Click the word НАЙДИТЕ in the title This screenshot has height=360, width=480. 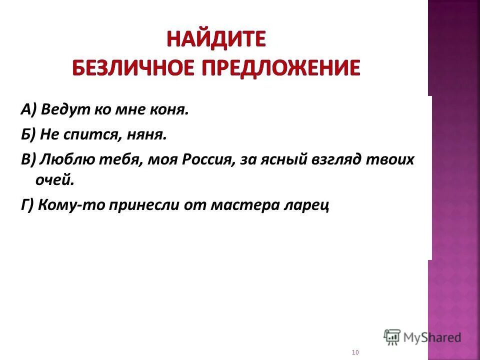click(216, 39)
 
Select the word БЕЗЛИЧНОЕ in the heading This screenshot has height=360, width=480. click(133, 67)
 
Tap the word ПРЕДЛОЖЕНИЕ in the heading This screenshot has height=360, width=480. click(281, 67)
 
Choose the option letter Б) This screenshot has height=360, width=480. click(28, 134)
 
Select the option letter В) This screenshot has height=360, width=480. click(28, 159)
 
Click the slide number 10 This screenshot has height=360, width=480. click(355, 352)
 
